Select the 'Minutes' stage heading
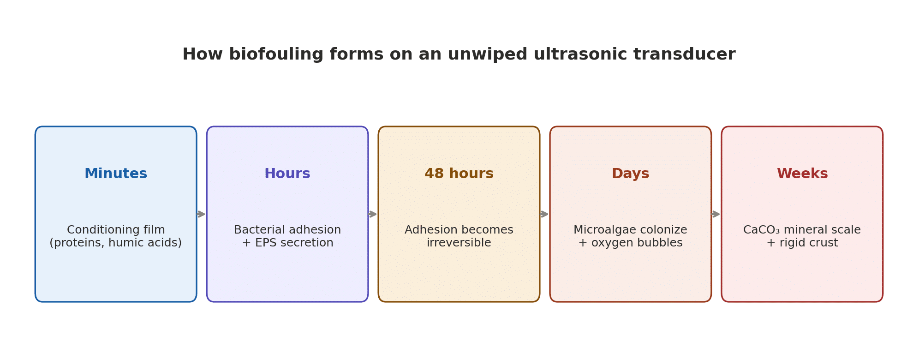coord(116,174)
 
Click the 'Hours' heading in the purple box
coord(287,174)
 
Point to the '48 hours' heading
coord(459,174)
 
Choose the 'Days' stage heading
coord(630,174)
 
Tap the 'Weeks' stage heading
coord(802,174)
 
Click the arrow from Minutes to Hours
coord(201,214)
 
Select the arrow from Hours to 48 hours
coord(373,214)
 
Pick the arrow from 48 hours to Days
coord(544,214)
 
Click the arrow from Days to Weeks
coord(716,214)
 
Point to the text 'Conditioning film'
coord(116,230)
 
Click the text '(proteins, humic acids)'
coord(116,243)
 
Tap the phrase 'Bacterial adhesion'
coord(287,230)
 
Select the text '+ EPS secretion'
coord(287,243)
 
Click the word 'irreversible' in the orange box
coord(459,243)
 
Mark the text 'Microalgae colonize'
coord(630,230)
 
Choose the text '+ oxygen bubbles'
coord(630,243)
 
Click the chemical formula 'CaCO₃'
coord(761,230)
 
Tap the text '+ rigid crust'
coord(802,243)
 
